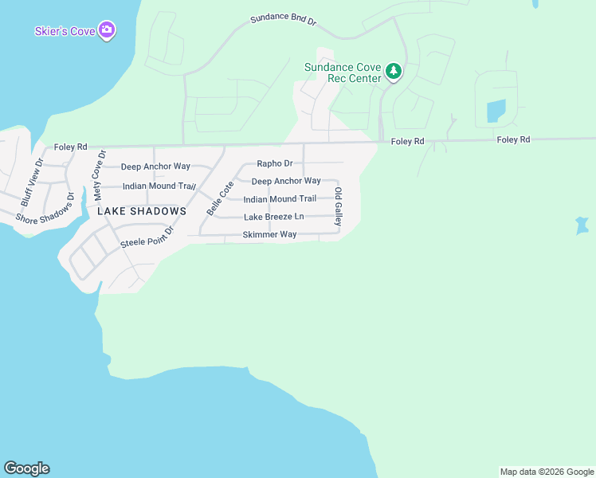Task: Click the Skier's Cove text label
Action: pyautogui.click(x=65, y=31)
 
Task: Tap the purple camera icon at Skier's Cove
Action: pyautogui.click(x=108, y=31)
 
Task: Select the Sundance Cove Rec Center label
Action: pyautogui.click(x=343, y=72)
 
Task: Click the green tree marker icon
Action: pyautogui.click(x=393, y=72)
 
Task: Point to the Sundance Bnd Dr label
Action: pyautogui.click(x=283, y=20)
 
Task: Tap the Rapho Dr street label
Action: pyautogui.click(x=275, y=163)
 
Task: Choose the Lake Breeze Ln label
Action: pyautogui.click(x=274, y=217)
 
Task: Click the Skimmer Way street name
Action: pyautogui.click(x=269, y=235)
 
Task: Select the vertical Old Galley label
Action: pyautogui.click(x=339, y=206)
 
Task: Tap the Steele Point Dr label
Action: pyautogui.click(x=147, y=237)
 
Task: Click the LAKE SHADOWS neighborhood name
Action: pyautogui.click(x=142, y=211)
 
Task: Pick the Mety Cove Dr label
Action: pyautogui.click(x=99, y=174)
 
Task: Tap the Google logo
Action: pyautogui.click(x=26, y=468)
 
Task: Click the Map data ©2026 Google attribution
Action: pyautogui.click(x=547, y=472)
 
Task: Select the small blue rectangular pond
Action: pyautogui.click(x=495, y=111)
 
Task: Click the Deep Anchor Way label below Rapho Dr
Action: pyautogui.click(x=286, y=181)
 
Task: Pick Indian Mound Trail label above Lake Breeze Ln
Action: pyautogui.click(x=280, y=199)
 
